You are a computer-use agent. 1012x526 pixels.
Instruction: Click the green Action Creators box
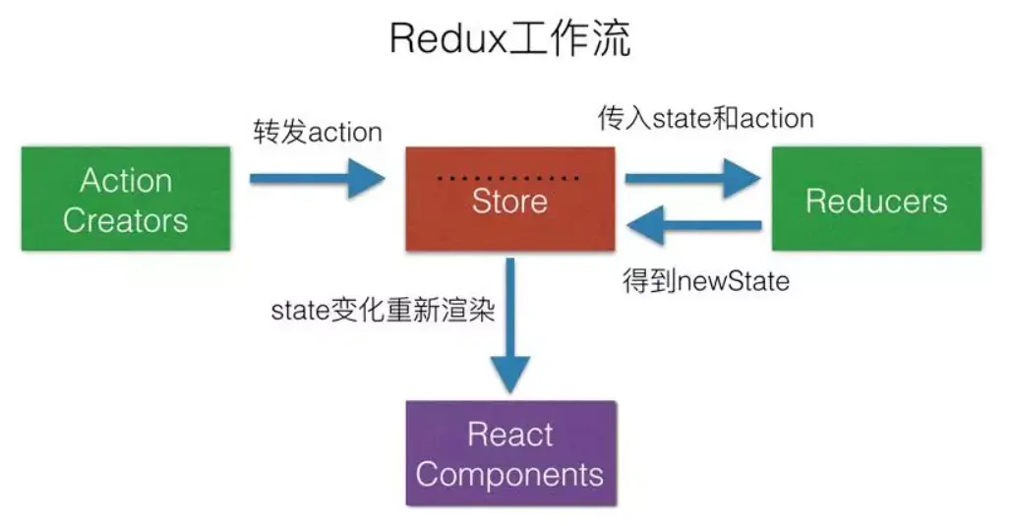(126, 199)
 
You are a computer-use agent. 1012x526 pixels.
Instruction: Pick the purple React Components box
(509, 453)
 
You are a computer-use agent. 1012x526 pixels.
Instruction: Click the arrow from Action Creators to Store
(315, 178)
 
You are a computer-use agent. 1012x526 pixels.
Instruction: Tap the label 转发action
(317, 133)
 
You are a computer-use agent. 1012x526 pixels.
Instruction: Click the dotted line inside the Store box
(508, 178)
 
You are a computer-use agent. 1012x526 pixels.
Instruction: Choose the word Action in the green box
(126, 181)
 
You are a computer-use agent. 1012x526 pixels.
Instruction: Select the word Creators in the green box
(126, 219)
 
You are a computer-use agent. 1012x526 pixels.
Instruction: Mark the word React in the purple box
(509, 435)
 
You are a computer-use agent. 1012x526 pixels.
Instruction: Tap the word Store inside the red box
(509, 202)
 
